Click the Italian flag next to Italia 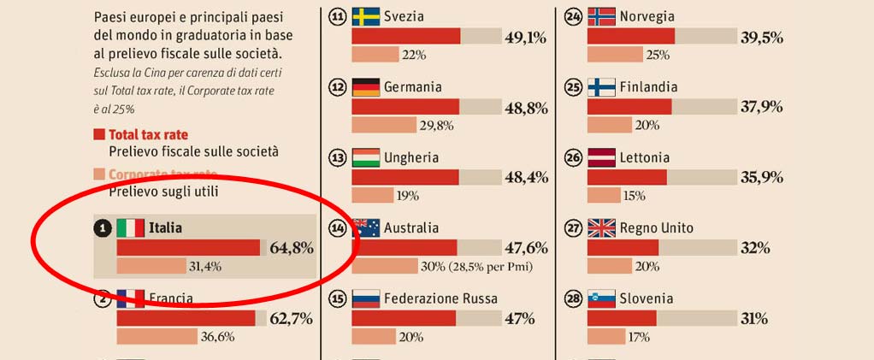tap(130, 228)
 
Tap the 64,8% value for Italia tap(292, 248)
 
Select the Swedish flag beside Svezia tap(366, 17)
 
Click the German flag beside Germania tap(366, 87)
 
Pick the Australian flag tap(366, 228)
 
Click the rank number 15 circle tap(338, 299)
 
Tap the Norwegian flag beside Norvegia tap(602, 17)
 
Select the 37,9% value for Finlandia tap(761, 106)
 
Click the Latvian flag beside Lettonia tap(602, 158)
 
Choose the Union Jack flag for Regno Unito tap(602, 228)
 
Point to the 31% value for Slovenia tap(753, 318)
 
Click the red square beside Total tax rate tap(100, 135)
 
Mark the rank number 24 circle tap(574, 17)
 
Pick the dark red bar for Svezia tap(406, 36)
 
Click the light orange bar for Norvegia tap(615, 55)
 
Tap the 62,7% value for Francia tap(292, 319)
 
